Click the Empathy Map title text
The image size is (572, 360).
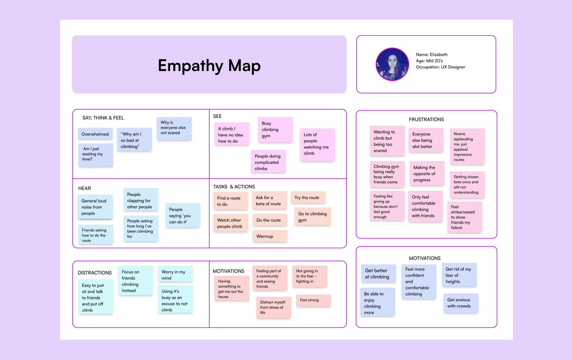click(209, 66)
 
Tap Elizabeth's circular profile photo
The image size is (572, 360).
click(392, 64)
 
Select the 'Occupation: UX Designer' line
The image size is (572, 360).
click(441, 67)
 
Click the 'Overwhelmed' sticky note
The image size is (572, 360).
click(95, 134)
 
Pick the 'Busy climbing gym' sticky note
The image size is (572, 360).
click(275, 130)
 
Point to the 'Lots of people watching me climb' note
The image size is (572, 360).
click(317, 144)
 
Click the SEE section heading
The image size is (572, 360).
click(217, 116)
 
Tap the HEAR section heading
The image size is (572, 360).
click(85, 188)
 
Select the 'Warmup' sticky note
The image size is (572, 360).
click(270, 236)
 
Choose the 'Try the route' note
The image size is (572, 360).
click(308, 198)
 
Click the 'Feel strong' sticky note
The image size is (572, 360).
click(314, 300)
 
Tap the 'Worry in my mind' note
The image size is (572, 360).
click(175, 274)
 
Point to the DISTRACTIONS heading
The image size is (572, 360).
click(95, 273)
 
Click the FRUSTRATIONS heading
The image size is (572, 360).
click(426, 119)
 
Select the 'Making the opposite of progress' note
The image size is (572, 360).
click(427, 174)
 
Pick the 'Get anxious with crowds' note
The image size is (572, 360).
click(461, 303)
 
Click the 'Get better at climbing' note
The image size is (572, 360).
click(378, 274)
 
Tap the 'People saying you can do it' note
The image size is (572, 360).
click(183, 215)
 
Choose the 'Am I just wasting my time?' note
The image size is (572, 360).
click(95, 155)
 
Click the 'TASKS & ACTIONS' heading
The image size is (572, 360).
click(234, 187)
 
